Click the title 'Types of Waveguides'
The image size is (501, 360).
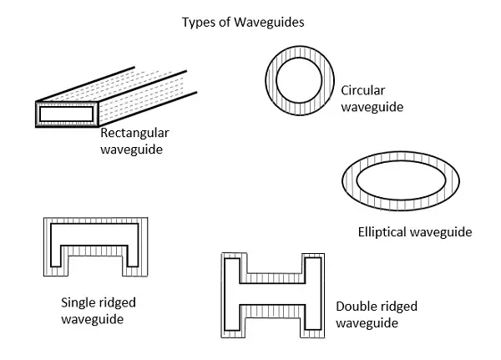coord(243,22)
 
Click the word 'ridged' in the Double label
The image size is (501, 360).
coord(395,307)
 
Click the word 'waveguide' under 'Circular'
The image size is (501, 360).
coord(372,107)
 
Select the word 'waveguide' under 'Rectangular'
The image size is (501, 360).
coord(131,150)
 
